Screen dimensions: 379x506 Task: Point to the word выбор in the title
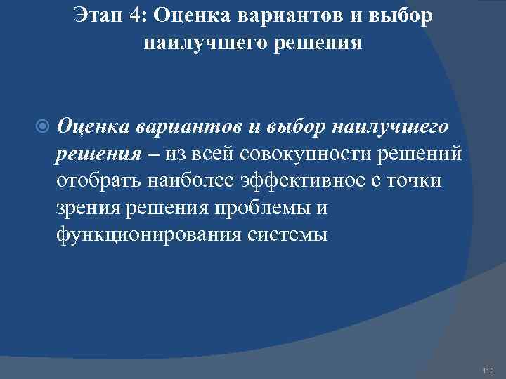click(398, 16)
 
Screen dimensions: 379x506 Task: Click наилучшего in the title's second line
click(201, 44)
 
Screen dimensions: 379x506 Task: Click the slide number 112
click(489, 371)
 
